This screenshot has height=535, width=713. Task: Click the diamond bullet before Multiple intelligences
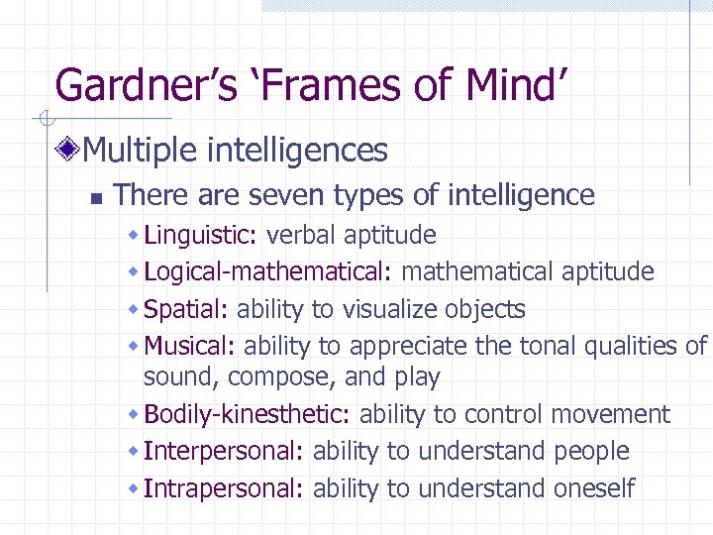(68, 151)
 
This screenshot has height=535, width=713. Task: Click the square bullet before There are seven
(96, 198)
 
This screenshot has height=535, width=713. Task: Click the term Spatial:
(186, 309)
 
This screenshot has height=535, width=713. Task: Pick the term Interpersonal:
(224, 451)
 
